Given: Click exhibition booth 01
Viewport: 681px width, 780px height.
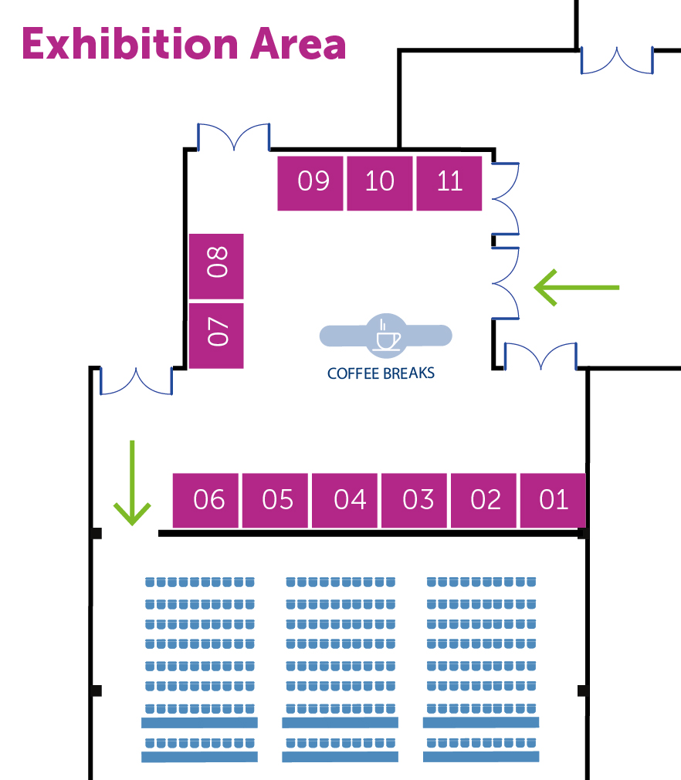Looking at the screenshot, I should point(553,500).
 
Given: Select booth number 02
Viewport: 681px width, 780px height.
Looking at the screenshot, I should point(485,500).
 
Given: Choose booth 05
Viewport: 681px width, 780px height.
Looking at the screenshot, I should point(277,500).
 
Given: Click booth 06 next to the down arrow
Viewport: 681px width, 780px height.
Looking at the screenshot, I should point(207,500).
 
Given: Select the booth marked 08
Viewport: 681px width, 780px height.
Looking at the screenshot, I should point(217,265).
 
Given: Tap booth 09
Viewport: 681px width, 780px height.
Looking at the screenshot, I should point(312,183).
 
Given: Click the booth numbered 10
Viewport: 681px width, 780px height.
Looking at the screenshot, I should point(380,183).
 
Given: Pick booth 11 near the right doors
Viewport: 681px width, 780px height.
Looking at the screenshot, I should point(449,183).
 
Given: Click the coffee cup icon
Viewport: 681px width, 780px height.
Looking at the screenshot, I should point(385,336).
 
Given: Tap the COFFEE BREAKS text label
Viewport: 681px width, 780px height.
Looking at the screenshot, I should point(381,373).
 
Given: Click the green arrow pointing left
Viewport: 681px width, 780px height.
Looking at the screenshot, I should point(576,287).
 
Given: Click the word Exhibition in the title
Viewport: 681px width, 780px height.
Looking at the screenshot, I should point(128,44).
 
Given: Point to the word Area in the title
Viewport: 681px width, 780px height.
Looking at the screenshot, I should point(297,44).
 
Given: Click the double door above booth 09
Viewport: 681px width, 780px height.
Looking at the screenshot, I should point(234,137).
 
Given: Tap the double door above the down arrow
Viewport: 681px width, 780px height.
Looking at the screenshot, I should point(136,381).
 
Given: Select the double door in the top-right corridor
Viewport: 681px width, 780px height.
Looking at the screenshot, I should point(617,61).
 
